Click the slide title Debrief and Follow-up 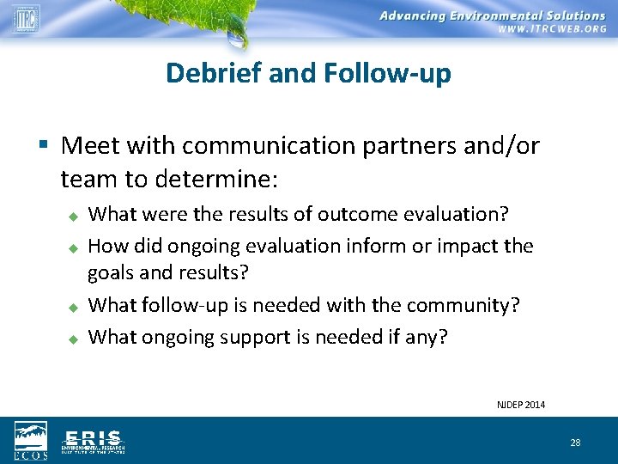[308, 73]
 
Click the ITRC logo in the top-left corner [26, 18]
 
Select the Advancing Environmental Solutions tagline [492, 15]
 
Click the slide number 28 [575, 443]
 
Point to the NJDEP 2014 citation [521, 405]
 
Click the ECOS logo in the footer [31, 440]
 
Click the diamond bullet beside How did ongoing [74, 247]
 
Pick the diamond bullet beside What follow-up [74, 306]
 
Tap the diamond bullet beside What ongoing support [74, 338]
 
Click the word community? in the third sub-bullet [476, 305]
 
